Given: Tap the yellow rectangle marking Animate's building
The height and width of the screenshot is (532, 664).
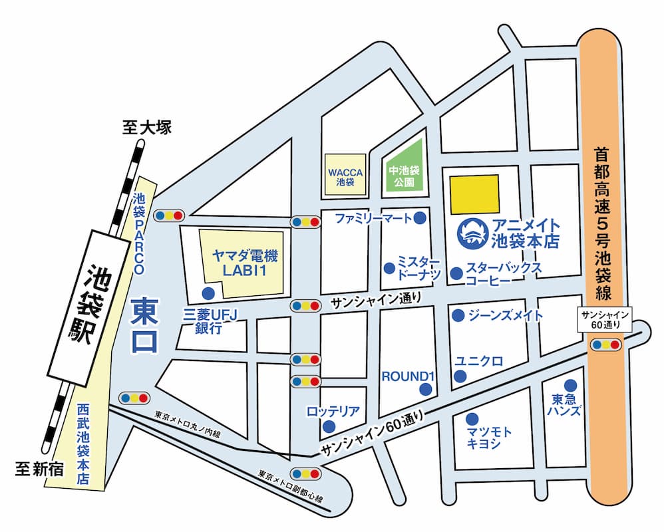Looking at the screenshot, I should point(474,192).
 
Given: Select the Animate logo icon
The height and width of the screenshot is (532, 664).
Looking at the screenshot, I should point(473,233).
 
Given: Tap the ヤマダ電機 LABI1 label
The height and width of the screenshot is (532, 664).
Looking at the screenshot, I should point(244,262).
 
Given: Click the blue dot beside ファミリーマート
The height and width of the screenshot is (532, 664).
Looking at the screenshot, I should point(420,217).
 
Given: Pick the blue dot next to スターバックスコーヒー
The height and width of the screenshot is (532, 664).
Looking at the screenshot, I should point(456,273).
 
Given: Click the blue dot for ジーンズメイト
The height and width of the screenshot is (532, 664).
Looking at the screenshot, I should point(458,316).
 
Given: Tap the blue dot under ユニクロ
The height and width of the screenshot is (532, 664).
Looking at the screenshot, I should point(459,377).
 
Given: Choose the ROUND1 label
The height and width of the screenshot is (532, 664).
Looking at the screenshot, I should point(407,376).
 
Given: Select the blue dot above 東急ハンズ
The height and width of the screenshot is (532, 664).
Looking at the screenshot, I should point(570,385).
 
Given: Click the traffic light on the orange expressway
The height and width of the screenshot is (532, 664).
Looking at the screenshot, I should point(606,344).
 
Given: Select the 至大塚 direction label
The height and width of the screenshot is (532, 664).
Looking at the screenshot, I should point(147,127).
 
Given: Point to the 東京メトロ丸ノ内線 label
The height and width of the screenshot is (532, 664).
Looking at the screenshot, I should point(186,424).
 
